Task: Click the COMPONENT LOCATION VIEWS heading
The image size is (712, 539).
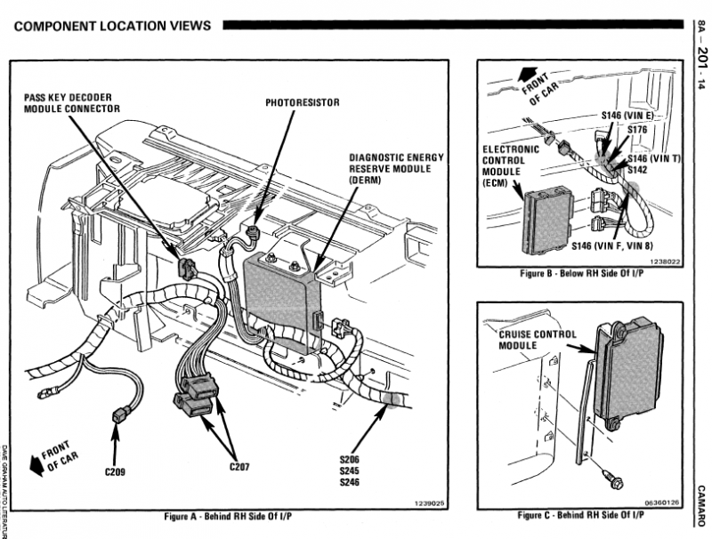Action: click(x=113, y=25)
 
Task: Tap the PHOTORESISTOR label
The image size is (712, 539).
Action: click(x=303, y=102)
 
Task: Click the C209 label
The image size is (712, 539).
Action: click(x=115, y=471)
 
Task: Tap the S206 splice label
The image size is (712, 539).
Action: click(x=349, y=460)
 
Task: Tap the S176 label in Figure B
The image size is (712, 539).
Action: click(x=637, y=130)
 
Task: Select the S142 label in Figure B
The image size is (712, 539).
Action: click(x=637, y=169)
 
